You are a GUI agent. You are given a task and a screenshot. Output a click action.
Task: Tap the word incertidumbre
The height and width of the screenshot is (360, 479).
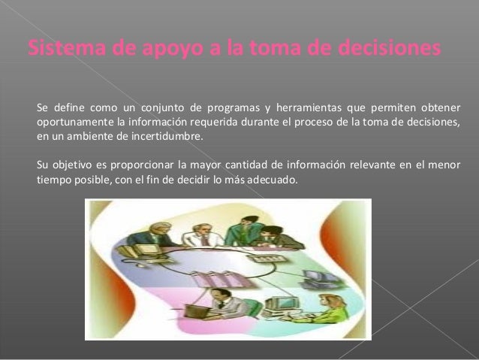[x=167, y=138]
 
